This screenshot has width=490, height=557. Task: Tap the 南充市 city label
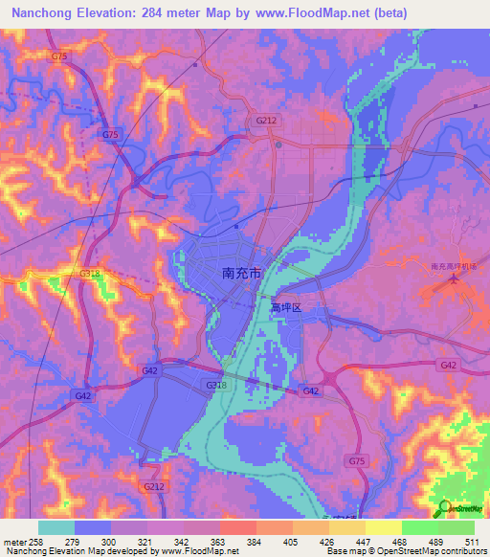(241, 273)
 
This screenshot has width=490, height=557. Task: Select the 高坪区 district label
(285, 308)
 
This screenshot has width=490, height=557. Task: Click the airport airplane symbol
(455, 280)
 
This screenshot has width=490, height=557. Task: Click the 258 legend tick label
(36, 541)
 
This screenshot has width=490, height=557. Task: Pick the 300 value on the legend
(110, 541)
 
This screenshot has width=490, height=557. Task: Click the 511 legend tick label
(473, 541)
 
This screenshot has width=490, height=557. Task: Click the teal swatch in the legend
(56, 527)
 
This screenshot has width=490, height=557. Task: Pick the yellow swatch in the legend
(383, 527)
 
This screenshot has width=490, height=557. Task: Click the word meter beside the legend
(12, 541)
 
